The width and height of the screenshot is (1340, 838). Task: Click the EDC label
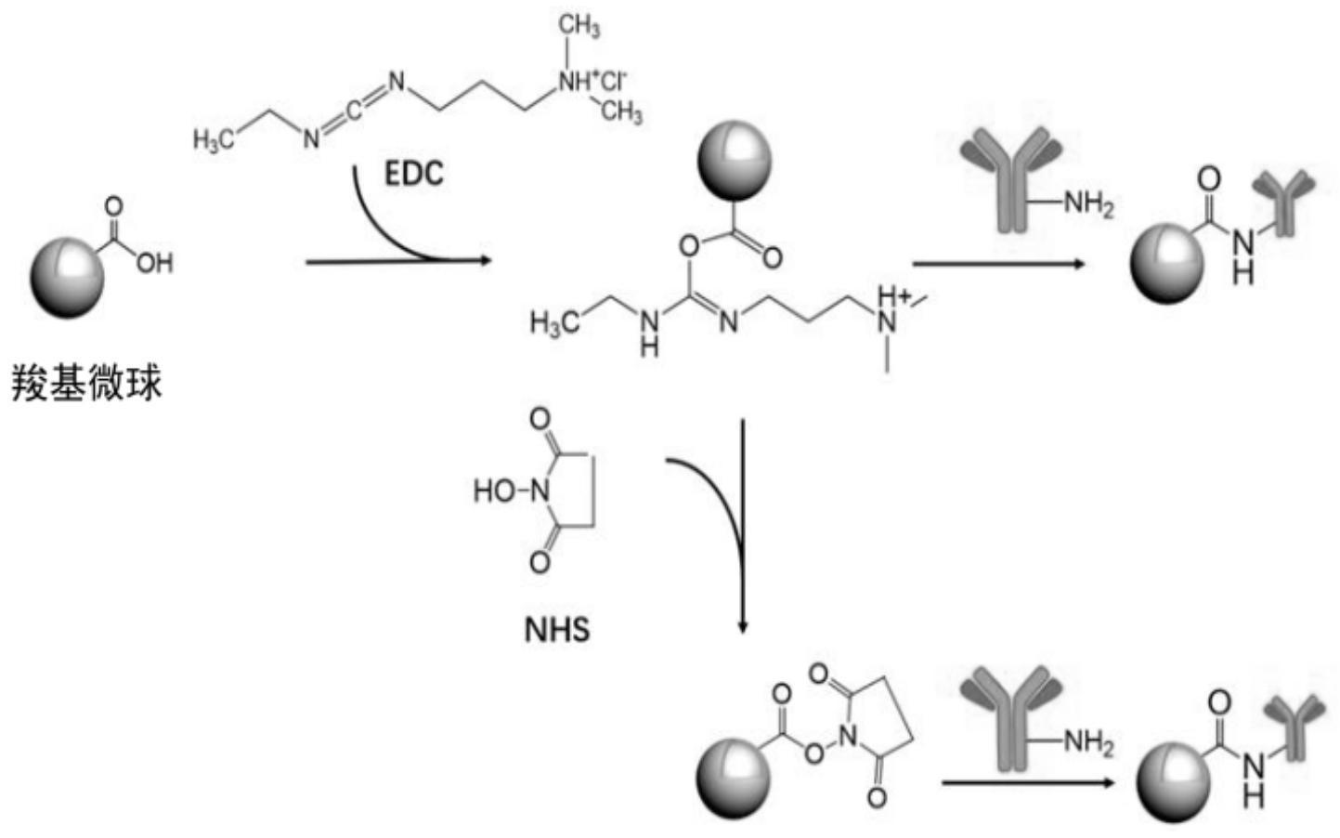[x=414, y=174]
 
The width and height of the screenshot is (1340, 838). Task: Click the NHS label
[x=557, y=630]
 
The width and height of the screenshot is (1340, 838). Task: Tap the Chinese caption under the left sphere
[x=87, y=383]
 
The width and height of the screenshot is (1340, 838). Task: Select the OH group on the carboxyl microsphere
[x=154, y=264]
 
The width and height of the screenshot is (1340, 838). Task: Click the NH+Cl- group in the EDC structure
[x=592, y=82]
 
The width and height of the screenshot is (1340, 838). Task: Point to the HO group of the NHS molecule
[x=494, y=490]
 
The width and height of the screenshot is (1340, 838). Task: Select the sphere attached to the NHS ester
[x=733, y=776]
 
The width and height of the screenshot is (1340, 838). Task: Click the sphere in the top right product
[x=1166, y=263]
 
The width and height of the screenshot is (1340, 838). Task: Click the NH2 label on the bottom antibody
[x=1087, y=741]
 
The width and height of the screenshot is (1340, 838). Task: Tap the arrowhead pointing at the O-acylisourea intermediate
[x=483, y=261]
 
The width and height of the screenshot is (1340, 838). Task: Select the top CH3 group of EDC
[x=580, y=26]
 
